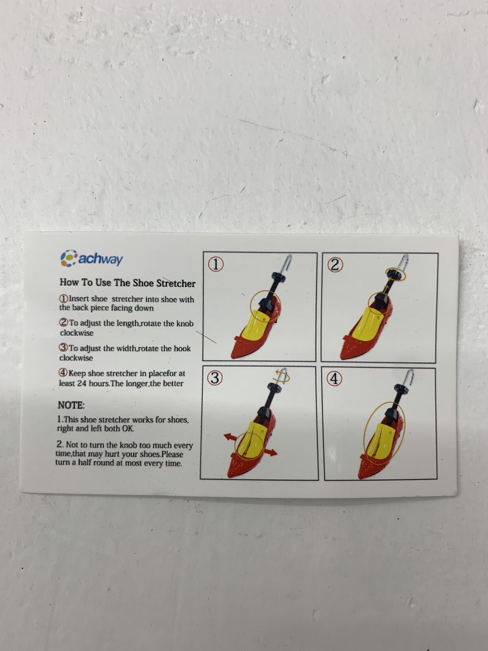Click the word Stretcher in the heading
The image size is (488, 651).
tap(176, 283)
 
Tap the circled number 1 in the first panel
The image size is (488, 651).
tap(216, 264)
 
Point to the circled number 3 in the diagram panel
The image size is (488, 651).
tap(215, 378)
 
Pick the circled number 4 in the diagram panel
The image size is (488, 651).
tap(334, 379)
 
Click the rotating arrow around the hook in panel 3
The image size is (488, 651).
tap(282, 376)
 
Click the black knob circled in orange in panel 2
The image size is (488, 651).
tap(395, 274)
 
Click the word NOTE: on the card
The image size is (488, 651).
tap(71, 405)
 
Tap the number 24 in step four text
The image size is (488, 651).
tap(82, 383)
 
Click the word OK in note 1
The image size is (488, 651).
tap(128, 428)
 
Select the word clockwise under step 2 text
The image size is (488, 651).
tap(77, 333)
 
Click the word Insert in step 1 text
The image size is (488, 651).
tap(79, 299)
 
